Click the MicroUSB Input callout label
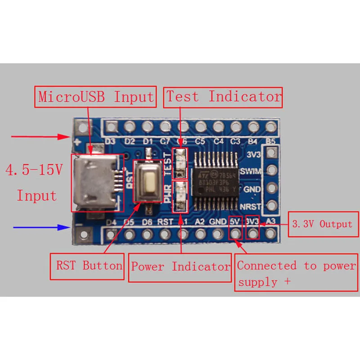[96, 97]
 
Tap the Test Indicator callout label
[224, 97]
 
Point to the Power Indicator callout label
[180, 267]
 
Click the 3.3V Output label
[322, 224]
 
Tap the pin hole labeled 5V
[235, 234]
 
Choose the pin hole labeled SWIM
[271, 171]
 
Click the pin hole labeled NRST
[271, 206]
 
